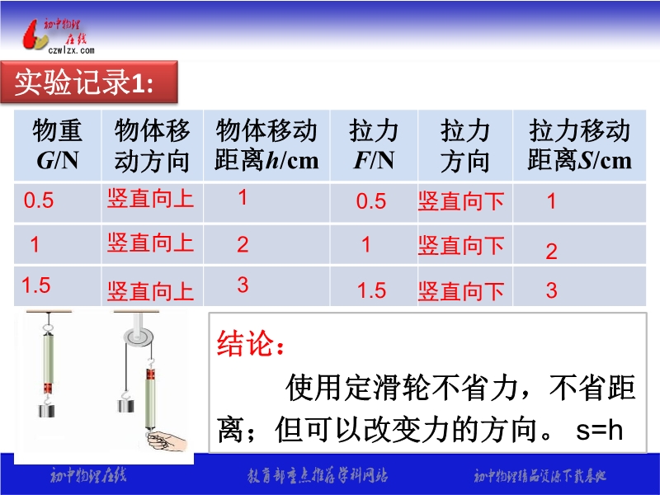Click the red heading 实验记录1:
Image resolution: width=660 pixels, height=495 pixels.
(x=84, y=82)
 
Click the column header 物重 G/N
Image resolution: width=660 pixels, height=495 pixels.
(x=57, y=145)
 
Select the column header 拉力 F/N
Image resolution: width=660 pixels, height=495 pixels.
(x=374, y=145)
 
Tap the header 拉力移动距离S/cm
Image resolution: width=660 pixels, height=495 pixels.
(x=580, y=145)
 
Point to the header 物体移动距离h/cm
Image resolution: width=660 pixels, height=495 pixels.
(x=266, y=145)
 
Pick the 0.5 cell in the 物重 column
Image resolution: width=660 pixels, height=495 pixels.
(x=39, y=200)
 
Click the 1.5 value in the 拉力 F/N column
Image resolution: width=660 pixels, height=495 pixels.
(x=372, y=290)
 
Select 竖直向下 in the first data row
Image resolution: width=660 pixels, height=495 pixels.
(x=461, y=201)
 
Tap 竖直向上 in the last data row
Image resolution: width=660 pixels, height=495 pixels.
(x=150, y=291)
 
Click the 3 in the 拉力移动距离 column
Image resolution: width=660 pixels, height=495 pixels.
(x=551, y=290)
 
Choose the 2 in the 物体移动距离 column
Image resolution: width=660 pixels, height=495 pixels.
(x=243, y=244)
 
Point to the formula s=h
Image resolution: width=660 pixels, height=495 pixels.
(x=600, y=430)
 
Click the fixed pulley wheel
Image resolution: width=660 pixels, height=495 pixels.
(x=138, y=337)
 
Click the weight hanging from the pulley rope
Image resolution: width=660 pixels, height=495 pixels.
(x=126, y=406)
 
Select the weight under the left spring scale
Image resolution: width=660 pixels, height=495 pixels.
(x=47, y=410)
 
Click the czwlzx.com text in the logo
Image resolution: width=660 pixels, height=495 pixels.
(x=71, y=50)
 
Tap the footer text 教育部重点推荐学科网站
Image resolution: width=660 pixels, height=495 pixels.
(x=318, y=476)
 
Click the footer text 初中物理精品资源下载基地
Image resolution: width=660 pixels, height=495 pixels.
(x=540, y=476)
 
